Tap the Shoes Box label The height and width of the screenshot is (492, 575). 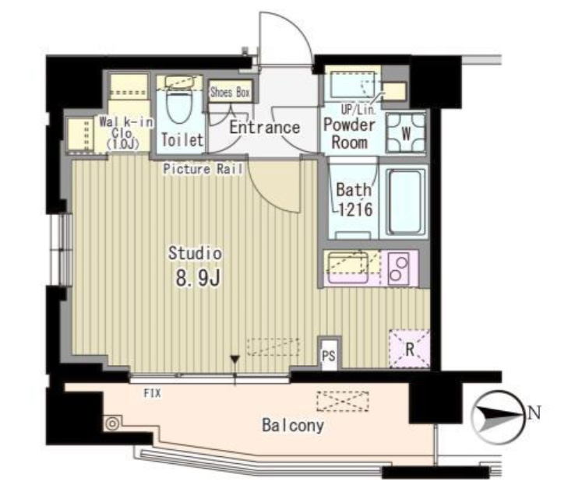(230, 92)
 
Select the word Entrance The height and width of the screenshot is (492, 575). (265, 128)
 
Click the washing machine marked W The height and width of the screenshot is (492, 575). (406, 132)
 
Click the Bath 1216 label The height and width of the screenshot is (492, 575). (355, 199)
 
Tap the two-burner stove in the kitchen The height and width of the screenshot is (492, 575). (398, 268)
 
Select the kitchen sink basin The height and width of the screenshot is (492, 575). (347, 267)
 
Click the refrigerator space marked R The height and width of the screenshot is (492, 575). (409, 349)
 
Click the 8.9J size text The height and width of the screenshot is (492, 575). (198, 279)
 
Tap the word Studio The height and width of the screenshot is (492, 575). (195, 253)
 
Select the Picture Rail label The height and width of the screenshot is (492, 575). (203, 169)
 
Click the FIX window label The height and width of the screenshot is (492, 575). (152, 393)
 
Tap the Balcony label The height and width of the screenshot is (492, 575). (293, 425)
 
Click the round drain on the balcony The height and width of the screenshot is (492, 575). (112, 423)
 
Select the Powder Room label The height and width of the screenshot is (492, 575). (350, 133)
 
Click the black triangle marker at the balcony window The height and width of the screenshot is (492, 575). (235, 360)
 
